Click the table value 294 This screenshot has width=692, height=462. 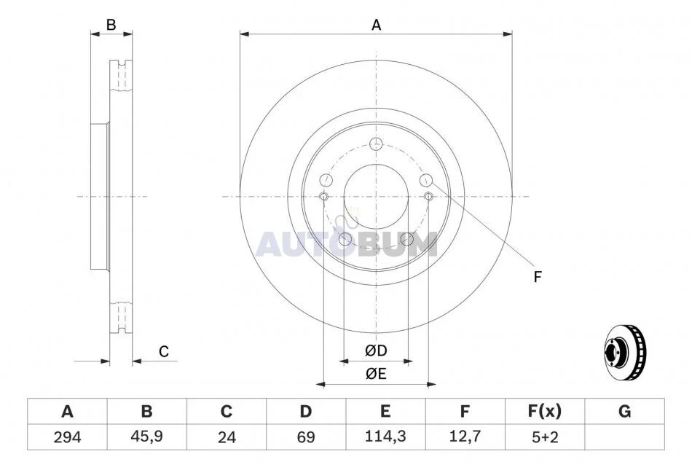coord(67,437)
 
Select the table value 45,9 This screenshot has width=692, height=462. coord(146,436)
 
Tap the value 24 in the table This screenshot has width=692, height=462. coord(227,437)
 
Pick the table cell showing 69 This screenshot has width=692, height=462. coord(306,437)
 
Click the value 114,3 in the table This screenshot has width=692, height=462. coord(385,436)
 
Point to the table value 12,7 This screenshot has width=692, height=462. coord(465,436)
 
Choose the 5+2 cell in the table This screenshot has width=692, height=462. coord(545,437)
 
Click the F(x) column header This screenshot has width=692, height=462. coord(545,412)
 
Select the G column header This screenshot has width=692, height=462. coord(624,412)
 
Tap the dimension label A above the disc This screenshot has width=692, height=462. coord(376,26)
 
